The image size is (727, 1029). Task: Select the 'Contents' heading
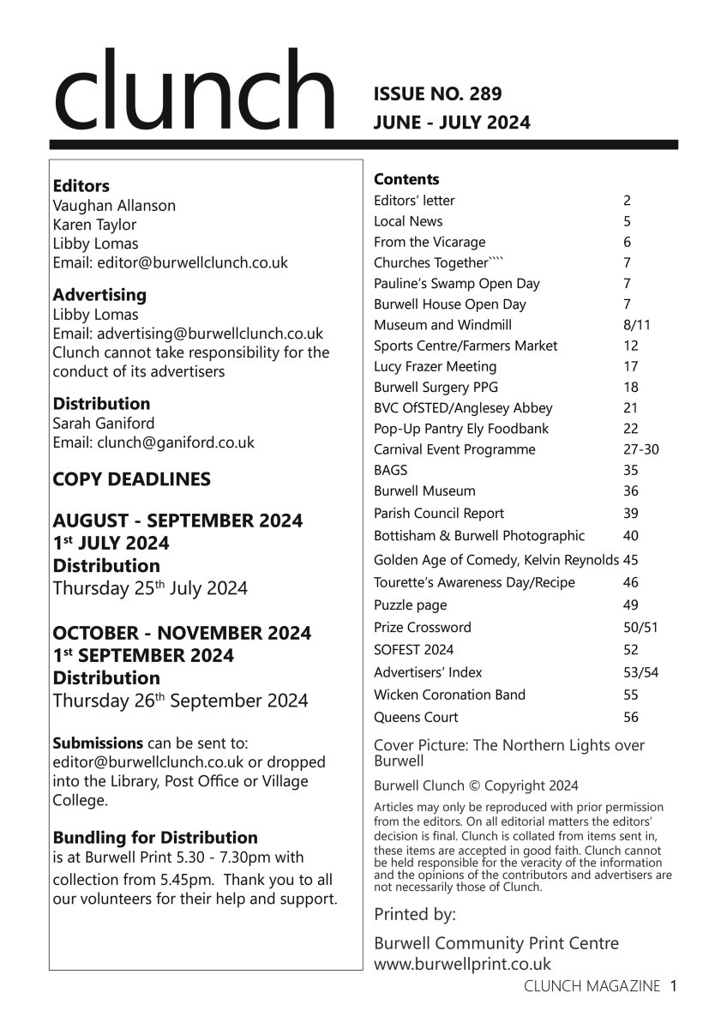click(x=406, y=179)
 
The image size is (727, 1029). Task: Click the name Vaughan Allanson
click(x=114, y=206)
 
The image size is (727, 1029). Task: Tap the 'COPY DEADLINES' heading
click(x=132, y=479)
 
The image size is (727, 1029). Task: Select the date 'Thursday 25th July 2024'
click(x=150, y=589)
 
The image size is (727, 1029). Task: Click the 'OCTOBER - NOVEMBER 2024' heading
click(x=182, y=633)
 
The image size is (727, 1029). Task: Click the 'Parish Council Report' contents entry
click(x=439, y=513)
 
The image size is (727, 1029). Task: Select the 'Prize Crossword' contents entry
click(x=423, y=627)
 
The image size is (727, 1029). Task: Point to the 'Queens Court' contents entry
click(x=416, y=717)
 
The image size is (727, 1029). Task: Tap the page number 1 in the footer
click(x=675, y=986)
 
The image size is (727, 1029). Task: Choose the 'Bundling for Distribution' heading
click(x=155, y=837)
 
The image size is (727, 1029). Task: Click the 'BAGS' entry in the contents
click(x=391, y=470)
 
